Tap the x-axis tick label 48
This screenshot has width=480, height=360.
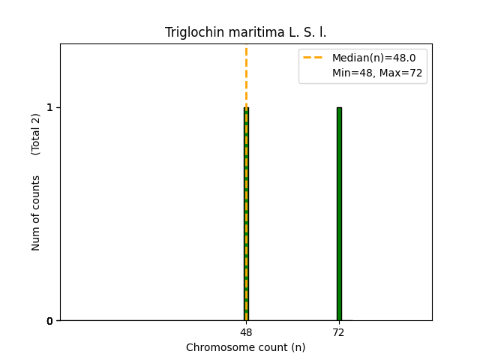click(246, 332)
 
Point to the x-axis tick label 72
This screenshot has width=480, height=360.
click(339, 332)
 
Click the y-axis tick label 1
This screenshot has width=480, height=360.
click(50, 107)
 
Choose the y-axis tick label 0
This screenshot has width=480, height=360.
click(50, 321)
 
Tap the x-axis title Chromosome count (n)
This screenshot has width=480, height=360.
click(246, 347)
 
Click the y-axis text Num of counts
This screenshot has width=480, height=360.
click(36, 213)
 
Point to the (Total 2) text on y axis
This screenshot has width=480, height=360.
click(36, 134)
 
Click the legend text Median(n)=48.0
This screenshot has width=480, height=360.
click(373, 58)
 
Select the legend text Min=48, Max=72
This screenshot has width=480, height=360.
click(377, 73)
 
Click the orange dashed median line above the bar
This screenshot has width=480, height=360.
click(246, 75)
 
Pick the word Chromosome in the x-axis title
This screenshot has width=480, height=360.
click(217, 347)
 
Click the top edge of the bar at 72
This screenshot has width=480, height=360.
click(339, 108)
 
